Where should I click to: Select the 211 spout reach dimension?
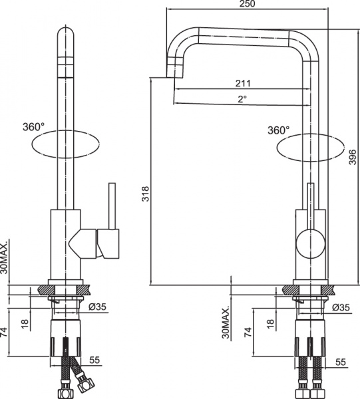pos(242,84)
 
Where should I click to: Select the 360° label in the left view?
pos(34,126)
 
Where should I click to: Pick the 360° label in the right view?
pos(279,130)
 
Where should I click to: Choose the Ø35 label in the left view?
pos(98,307)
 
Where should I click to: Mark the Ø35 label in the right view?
pos(340,307)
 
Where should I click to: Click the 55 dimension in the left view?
pos(94,360)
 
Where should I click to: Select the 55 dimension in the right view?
pos(341,362)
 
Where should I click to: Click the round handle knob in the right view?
pos(309,242)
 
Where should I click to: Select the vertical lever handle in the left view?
pos(111,206)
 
